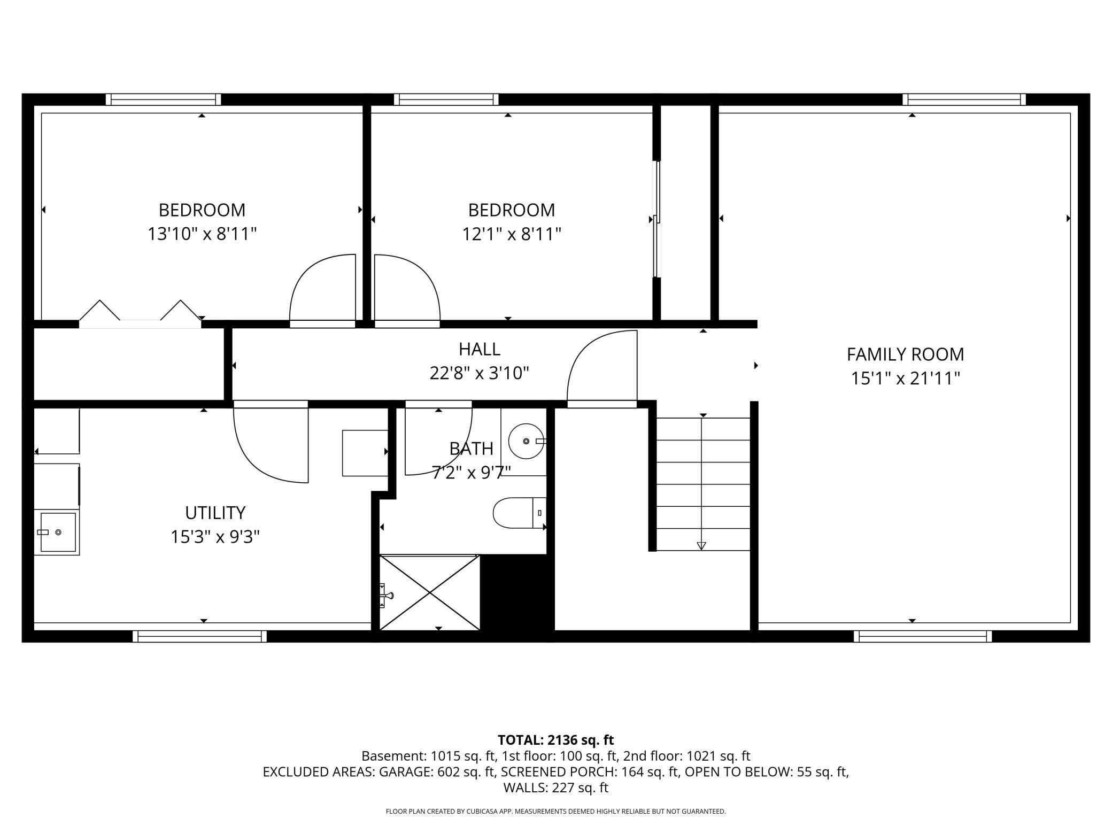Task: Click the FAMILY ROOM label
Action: [905, 354]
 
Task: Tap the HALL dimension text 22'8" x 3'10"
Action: [479, 373]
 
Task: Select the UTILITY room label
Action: [215, 513]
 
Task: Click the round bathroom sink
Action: [526, 441]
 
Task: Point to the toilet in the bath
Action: [516, 513]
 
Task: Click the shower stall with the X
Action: [430, 593]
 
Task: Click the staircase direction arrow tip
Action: [701, 546]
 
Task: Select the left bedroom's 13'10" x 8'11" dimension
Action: [202, 234]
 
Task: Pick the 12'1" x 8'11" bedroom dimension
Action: [511, 234]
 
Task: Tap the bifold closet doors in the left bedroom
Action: [140, 314]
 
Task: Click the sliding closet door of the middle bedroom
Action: [657, 219]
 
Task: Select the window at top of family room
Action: [964, 99]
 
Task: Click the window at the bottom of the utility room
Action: [199, 636]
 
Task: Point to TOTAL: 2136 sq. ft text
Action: [555, 740]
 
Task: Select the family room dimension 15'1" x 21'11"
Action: [905, 379]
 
